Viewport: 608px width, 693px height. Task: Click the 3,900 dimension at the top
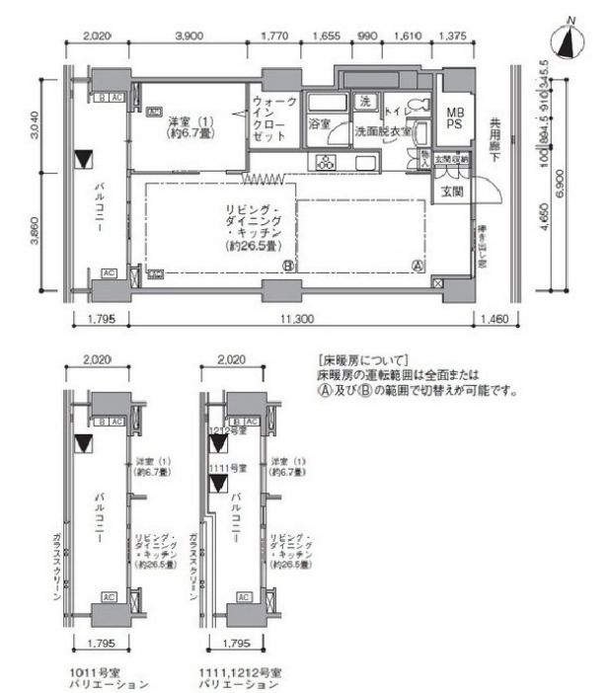tap(189, 37)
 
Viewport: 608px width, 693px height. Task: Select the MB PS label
tap(455, 117)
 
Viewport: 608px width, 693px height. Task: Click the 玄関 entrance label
tap(452, 190)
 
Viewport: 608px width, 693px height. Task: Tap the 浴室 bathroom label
tap(318, 125)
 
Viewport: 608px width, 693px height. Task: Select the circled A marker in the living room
tap(418, 266)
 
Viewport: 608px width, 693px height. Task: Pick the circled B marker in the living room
tap(288, 266)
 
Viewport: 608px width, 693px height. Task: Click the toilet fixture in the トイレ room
tap(415, 106)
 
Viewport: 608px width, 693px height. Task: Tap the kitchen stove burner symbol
tap(325, 162)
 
